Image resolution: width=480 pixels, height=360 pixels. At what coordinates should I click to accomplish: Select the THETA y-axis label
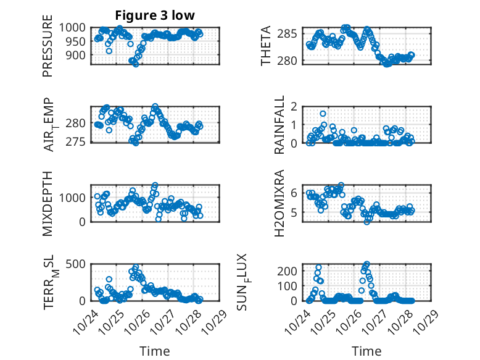266,46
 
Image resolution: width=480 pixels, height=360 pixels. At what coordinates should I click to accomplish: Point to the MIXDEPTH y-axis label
48,203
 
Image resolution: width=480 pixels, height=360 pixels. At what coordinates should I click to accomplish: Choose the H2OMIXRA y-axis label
279,203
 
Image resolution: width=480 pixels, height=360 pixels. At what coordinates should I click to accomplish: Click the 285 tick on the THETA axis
292,33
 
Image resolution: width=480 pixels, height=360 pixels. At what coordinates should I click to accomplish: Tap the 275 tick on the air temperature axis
79,142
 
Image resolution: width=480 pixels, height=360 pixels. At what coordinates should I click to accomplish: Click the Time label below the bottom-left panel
155,351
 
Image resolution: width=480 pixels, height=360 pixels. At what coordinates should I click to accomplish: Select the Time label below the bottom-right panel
366,351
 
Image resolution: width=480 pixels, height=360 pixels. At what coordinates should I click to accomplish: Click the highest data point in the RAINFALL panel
323,114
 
